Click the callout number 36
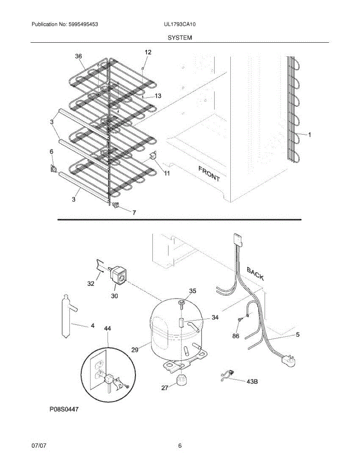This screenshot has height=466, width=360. pos(78,56)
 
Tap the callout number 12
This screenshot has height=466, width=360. pos(148,52)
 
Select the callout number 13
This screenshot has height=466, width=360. pos(158,96)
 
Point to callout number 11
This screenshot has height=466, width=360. pos(166,174)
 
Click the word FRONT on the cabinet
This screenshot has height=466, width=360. pos(209,174)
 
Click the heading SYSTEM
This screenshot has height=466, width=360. pos(180,38)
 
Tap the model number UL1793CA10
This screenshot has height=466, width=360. pos(180,24)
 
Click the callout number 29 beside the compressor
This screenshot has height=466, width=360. pos(135,350)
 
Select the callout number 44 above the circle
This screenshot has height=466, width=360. pos(108,329)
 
